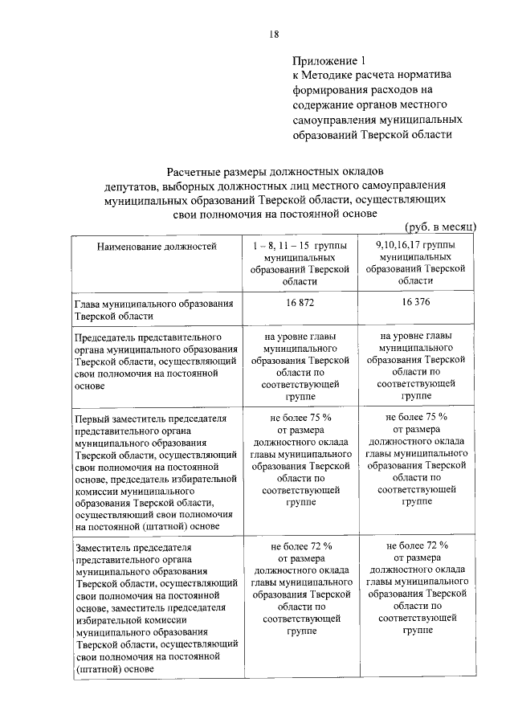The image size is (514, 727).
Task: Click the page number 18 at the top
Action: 274,33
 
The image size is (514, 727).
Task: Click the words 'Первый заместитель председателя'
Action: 150,419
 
